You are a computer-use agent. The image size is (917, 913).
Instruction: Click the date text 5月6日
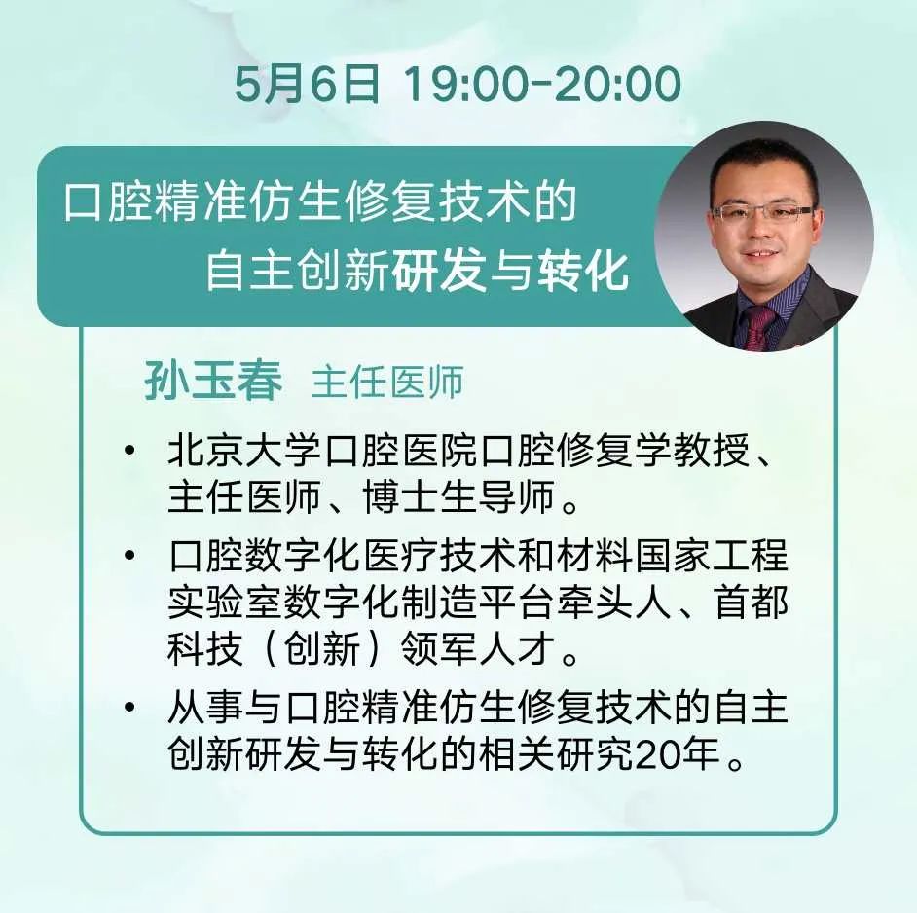click(308, 85)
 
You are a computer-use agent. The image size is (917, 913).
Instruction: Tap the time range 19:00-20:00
click(542, 85)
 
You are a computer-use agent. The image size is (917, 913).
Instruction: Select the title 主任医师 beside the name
click(387, 383)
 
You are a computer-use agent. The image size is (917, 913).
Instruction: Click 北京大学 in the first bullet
click(245, 452)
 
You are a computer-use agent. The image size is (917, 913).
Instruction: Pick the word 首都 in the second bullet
click(752, 602)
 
